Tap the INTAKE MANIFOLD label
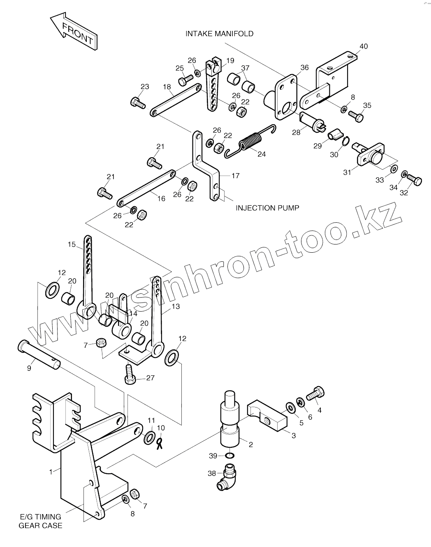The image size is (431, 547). pyautogui.click(x=219, y=34)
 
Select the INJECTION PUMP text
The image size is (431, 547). pyautogui.click(x=267, y=208)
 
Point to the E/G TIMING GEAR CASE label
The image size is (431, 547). pyautogui.click(x=40, y=521)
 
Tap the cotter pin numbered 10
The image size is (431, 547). pyautogui.click(x=160, y=443)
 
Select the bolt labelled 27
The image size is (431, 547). pyautogui.click(x=129, y=375)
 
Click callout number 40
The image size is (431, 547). pyautogui.click(x=364, y=46)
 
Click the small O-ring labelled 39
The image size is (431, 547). pyautogui.click(x=231, y=456)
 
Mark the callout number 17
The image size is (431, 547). pyautogui.click(x=235, y=176)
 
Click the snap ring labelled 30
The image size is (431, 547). pyautogui.click(x=345, y=142)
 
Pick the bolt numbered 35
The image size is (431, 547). pyautogui.click(x=356, y=116)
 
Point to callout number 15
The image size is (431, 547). pyautogui.click(x=72, y=244)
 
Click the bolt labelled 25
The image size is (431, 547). pyautogui.click(x=185, y=79)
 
